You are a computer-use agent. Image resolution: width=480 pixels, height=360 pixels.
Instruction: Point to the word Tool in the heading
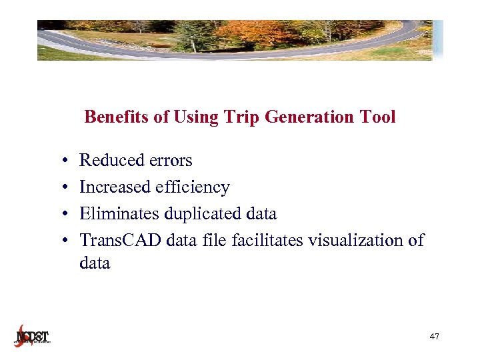(378, 117)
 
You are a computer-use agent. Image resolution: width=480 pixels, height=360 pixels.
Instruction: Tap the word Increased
(115, 187)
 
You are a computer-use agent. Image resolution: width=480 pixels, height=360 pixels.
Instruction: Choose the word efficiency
(193, 187)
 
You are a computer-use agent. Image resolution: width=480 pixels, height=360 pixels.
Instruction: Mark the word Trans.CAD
(121, 241)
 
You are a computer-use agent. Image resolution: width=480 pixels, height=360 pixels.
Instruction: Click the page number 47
(434, 337)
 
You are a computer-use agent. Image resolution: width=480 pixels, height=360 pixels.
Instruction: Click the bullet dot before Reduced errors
(61, 161)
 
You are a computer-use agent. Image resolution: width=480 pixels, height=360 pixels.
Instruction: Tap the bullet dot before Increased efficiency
(61, 188)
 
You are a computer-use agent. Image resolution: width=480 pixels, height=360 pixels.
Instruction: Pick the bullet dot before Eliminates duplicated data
(61, 215)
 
